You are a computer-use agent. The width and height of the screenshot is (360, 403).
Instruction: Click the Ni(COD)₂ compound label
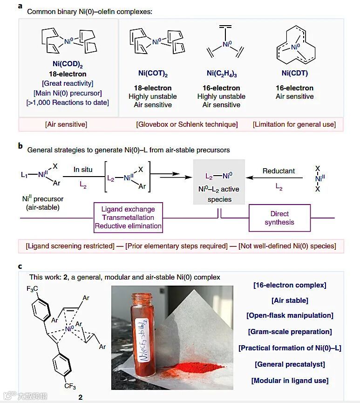point(68,66)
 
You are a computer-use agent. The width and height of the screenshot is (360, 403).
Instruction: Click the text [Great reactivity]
point(68,83)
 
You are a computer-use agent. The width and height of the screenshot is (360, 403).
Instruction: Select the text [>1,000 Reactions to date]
point(68,102)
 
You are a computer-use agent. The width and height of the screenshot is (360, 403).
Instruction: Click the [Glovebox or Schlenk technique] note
point(187,124)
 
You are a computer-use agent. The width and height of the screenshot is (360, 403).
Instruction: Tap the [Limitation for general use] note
point(294,124)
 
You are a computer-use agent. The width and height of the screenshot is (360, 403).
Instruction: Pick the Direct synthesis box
point(279,218)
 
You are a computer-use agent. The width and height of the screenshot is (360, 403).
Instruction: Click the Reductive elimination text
point(128,226)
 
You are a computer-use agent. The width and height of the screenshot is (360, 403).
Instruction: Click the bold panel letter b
point(20,146)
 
